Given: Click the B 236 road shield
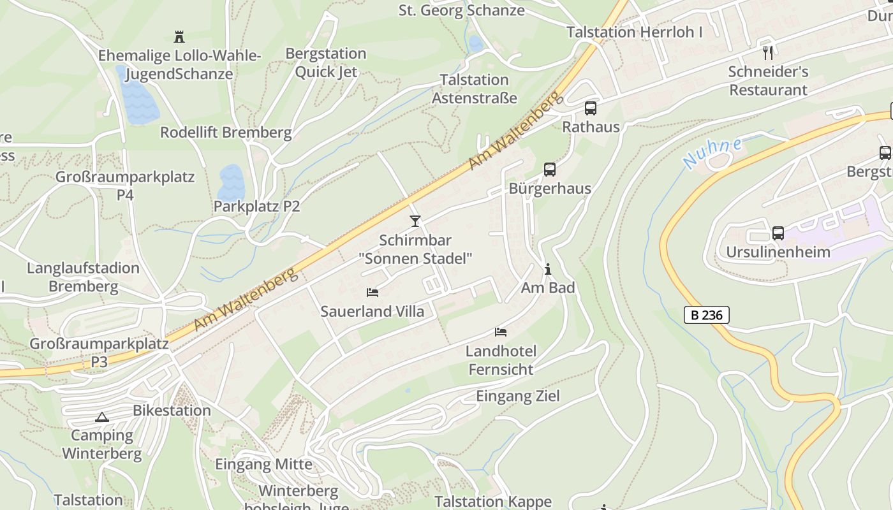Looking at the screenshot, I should click(x=706, y=315).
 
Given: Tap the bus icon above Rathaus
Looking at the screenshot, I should click(x=591, y=108).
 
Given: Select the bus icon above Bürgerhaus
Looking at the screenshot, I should click(x=550, y=170).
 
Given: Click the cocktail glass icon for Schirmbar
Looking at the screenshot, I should click(x=415, y=221).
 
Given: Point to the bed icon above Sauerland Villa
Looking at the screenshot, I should click(x=373, y=293).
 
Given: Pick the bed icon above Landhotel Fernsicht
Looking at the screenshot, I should click(x=501, y=331).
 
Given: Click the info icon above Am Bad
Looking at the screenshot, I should click(x=547, y=270).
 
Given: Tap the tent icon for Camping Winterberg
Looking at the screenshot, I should click(x=101, y=418).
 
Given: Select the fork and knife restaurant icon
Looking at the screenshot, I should click(x=768, y=52).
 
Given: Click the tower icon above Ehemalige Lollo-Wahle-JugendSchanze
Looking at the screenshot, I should click(x=179, y=36).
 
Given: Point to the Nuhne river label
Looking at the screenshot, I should click(x=712, y=153).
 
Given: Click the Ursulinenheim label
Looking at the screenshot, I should click(x=778, y=252).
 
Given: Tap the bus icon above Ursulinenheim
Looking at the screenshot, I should click(x=778, y=233).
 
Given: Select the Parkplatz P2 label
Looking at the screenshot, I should click(x=256, y=207).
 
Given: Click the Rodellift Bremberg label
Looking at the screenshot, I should click(x=226, y=133).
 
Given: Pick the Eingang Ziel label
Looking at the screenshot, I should click(x=518, y=397).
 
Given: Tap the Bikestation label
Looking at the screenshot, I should click(x=172, y=411).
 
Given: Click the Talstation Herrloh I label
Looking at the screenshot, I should click(x=634, y=32).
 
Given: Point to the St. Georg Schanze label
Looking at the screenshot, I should click(x=462, y=10).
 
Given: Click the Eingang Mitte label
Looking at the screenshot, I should click(x=263, y=464).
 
